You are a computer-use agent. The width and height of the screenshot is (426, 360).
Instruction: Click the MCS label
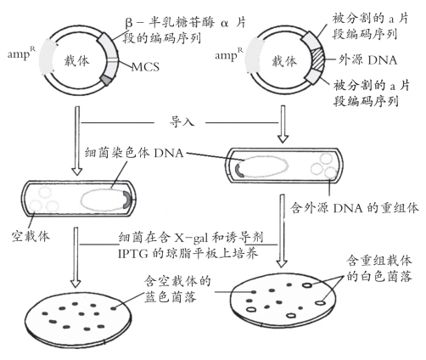coord(145,67)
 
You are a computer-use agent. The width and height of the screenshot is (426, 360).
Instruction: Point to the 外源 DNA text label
coord(367,60)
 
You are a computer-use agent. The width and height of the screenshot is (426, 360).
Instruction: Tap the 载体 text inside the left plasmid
coord(76,61)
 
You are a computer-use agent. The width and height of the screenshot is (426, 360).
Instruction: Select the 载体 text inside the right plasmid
coord(284,61)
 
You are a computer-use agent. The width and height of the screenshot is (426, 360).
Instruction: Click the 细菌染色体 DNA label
coord(134,153)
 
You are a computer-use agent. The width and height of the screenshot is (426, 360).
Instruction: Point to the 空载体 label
coord(31,236)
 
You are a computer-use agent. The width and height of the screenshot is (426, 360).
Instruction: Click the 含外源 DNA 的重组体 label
coord(354,208)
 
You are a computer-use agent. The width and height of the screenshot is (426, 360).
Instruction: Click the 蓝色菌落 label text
coord(170,297)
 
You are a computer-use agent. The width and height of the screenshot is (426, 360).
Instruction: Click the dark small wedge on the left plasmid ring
coord(106,80)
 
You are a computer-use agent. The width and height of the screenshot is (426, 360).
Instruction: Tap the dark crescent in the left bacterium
coord(127,200)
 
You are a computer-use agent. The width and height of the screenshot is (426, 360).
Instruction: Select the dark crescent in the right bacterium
coord(238,170)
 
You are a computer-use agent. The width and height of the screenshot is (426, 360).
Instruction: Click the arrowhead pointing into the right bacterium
coord(283,139)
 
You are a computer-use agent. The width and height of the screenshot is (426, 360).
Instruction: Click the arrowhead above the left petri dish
coord(76,284)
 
